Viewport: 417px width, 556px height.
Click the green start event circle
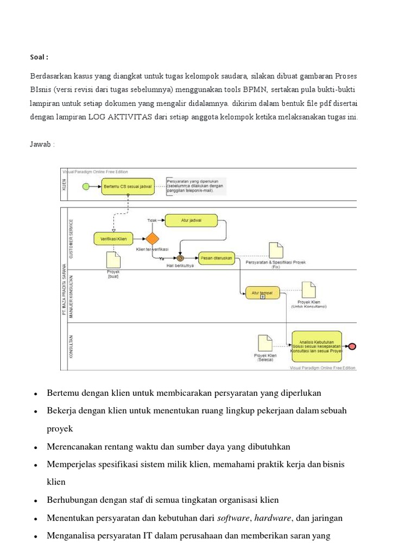[x=85, y=187]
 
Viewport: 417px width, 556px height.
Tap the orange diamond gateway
[x=152, y=238]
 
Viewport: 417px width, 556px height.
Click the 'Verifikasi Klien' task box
[x=114, y=238]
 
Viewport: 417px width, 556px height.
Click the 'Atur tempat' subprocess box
[x=262, y=293]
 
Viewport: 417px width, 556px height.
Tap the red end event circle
[x=352, y=346]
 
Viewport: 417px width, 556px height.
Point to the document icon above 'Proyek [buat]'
[x=113, y=260]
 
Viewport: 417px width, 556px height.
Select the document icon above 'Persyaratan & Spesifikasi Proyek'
[x=276, y=250]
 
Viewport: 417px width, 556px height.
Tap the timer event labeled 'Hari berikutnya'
[x=180, y=258]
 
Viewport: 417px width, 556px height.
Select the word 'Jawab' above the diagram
[x=40, y=144]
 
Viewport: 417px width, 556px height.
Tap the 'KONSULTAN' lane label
[x=71, y=346]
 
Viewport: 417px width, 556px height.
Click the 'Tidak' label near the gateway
[x=153, y=220]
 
